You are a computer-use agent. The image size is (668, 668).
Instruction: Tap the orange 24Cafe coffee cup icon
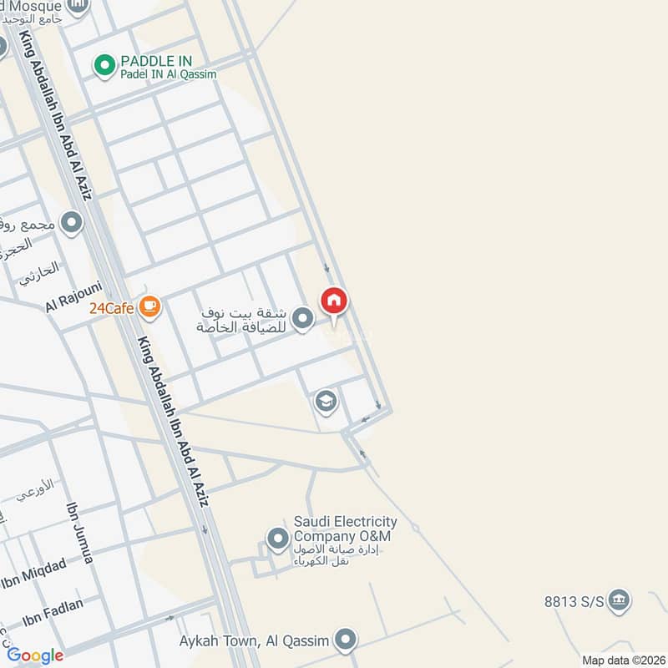pyautogui.click(x=150, y=307)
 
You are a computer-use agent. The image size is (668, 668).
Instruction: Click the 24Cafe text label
pyautogui.click(x=113, y=308)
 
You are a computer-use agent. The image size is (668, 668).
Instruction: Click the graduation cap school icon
pyautogui.click(x=326, y=402)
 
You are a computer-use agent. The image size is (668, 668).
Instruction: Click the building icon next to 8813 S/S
pyautogui.click(x=619, y=600)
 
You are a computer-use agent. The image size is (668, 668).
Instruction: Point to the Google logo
pyautogui.click(x=35, y=655)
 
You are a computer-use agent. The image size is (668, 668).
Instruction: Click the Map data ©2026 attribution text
pyautogui.click(x=622, y=660)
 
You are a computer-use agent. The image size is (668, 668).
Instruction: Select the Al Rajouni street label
pyautogui.click(x=73, y=297)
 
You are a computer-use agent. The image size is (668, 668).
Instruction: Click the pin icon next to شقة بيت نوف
pyautogui.click(x=304, y=318)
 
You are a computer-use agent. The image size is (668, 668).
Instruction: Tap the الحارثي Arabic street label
pyautogui.click(x=39, y=269)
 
